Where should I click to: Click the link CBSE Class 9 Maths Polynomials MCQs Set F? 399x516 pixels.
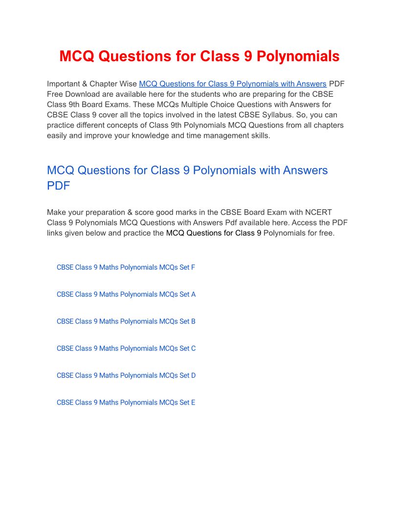[x=126, y=267]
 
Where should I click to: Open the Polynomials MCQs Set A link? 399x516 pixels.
[x=126, y=294]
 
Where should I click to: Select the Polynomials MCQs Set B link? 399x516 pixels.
[x=126, y=321]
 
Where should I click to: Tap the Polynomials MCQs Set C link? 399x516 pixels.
[x=126, y=348]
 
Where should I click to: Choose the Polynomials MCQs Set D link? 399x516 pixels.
[x=126, y=375]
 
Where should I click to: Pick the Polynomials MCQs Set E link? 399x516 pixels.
[x=126, y=402]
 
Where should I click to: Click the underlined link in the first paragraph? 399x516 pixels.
[x=233, y=84]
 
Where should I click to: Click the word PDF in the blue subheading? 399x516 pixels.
[x=58, y=186]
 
